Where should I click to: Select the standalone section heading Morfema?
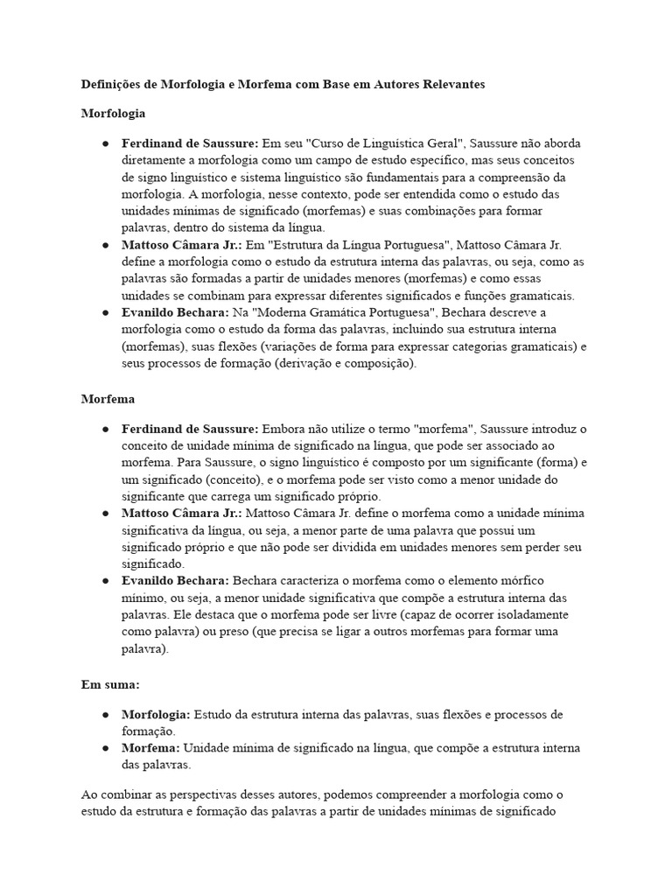point(108,398)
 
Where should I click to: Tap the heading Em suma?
point(110,683)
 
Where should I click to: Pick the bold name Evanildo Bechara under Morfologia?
point(175,312)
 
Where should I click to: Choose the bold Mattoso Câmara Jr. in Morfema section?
point(182,514)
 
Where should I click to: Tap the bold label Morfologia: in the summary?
point(156,714)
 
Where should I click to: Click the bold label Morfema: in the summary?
point(150,748)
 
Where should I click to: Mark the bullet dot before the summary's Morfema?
point(105,748)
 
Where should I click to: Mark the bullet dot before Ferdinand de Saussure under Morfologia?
point(105,143)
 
